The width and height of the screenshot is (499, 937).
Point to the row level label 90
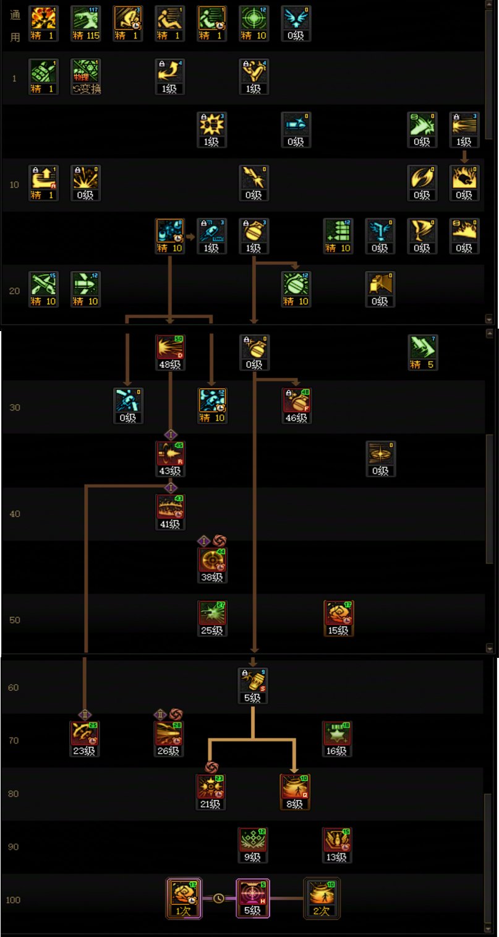point(14,847)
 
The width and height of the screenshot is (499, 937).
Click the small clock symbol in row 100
point(218,898)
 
